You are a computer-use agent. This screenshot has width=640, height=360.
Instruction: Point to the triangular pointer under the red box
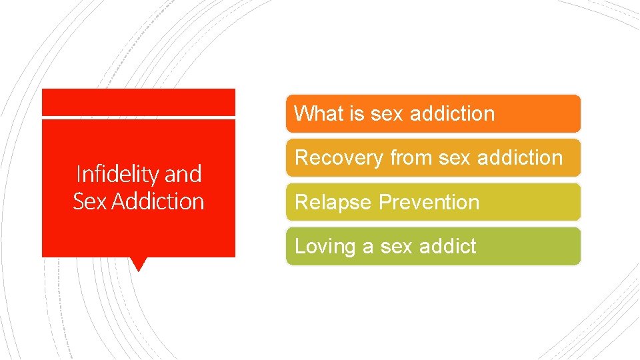tap(139, 264)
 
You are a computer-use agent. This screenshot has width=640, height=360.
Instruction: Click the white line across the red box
tap(139, 118)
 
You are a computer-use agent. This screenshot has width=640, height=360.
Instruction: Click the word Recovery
tap(339, 158)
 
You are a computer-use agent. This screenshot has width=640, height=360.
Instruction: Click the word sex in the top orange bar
tap(387, 113)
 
